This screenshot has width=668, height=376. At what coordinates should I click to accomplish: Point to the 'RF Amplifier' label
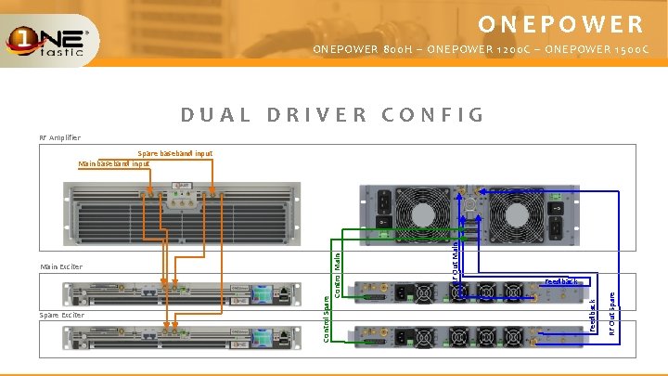tap(60, 137)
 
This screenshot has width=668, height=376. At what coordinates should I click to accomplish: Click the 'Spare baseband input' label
tap(174, 153)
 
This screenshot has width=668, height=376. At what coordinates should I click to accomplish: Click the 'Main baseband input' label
tap(115, 163)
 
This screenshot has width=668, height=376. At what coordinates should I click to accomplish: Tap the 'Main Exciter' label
tap(61, 267)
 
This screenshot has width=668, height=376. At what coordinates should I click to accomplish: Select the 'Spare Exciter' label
tap(62, 315)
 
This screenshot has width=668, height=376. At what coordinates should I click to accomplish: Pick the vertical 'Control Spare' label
tap(326, 318)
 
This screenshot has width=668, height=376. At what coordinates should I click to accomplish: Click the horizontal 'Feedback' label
tap(560, 280)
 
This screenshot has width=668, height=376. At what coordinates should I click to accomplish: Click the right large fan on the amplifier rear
tap(520, 207)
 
